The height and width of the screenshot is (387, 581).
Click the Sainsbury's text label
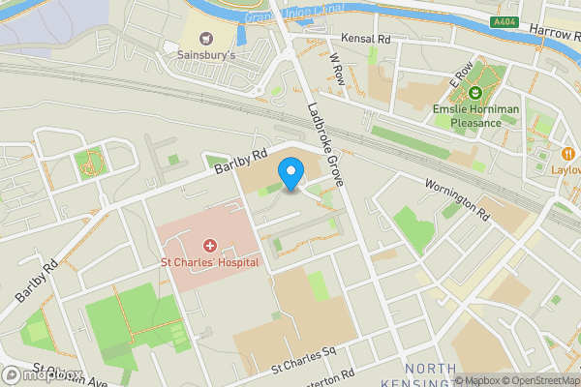[x=205, y=57]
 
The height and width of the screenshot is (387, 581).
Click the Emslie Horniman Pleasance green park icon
[x=474, y=93]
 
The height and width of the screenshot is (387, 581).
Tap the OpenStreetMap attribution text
[x=539, y=380]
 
